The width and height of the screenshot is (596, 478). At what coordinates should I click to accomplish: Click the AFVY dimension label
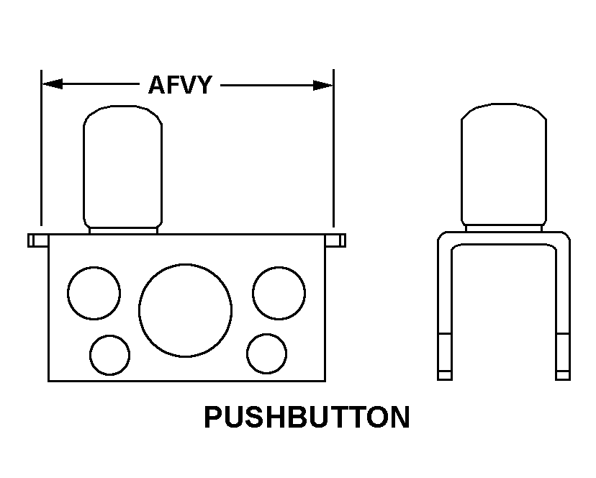pyautogui.click(x=180, y=85)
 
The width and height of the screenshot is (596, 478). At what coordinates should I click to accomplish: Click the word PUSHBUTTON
pyautogui.click(x=307, y=417)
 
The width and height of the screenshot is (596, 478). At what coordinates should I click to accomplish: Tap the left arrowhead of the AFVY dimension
pyautogui.click(x=52, y=84)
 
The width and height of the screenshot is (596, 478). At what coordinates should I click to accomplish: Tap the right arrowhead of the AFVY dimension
pyautogui.click(x=322, y=85)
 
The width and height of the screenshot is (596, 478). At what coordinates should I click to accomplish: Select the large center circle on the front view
pyautogui.click(x=185, y=310)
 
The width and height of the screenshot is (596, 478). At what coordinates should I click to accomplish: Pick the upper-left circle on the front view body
pyautogui.click(x=94, y=293)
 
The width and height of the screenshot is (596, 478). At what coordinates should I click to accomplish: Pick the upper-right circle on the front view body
pyautogui.click(x=279, y=293)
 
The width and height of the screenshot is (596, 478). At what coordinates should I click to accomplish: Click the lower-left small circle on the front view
pyautogui.click(x=109, y=355)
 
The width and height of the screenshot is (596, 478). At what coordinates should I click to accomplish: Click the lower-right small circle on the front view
pyautogui.click(x=266, y=353)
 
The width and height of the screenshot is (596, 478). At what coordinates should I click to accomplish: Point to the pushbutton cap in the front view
pyautogui.click(x=123, y=166)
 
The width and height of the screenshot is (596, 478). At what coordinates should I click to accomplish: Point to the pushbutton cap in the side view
pyautogui.click(x=504, y=164)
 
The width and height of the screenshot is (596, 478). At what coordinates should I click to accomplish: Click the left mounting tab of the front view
pyautogui.click(x=38, y=240)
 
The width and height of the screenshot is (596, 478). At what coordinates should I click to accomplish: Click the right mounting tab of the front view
pyautogui.click(x=335, y=240)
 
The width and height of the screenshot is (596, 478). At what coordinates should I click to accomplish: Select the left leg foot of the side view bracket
pyautogui.click(x=445, y=375)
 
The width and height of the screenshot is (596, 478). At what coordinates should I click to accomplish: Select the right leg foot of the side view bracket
pyautogui.click(x=563, y=375)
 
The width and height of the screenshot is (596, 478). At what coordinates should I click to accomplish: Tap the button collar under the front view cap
pyautogui.click(x=123, y=231)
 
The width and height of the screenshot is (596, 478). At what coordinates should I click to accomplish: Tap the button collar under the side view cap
pyautogui.click(x=504, y=228)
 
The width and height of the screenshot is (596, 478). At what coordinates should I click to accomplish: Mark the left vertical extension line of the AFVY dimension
pyautogui.click(x=42, y=148)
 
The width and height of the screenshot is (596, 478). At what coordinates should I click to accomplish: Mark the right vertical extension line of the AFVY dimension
pyautogui.click(x=334, y=148)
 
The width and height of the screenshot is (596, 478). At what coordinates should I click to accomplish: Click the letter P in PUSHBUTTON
pyautogui.click(x=212, y=417)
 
